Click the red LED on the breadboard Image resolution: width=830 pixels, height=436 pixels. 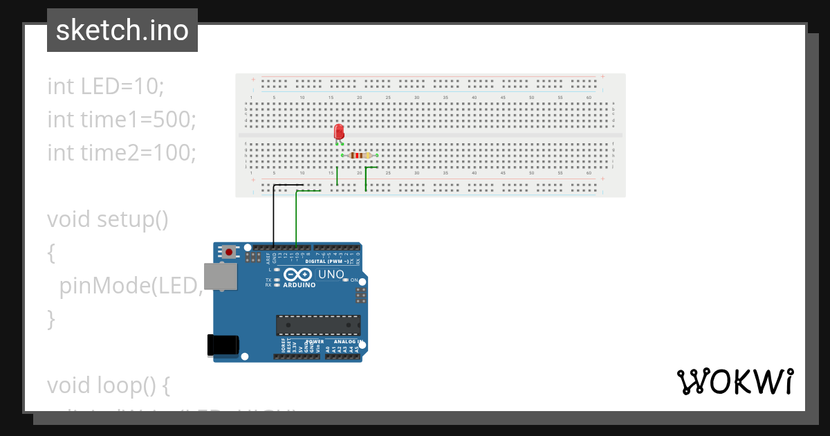click(339, 131)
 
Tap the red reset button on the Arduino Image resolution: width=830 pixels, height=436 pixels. click(229, 252)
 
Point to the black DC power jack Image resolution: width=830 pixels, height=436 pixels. click(223, 345)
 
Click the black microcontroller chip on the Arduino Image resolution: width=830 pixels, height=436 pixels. click(318, 325)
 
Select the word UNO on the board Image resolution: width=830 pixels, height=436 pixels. click(331, 274)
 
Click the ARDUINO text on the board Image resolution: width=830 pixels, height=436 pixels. click(299, 284)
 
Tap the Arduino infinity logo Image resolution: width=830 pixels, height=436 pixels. click(299, 274)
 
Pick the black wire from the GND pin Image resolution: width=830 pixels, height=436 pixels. click(274, 215)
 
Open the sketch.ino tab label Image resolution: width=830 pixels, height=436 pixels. click(122, 30)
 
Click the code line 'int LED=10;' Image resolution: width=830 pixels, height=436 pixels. click(106, 87)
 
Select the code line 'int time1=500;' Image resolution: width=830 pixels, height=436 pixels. click(122, 119)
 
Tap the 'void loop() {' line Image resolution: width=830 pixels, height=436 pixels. click(108, 384)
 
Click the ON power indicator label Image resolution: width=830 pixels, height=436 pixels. click(354, 280)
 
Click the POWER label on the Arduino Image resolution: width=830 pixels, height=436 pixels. click(315, 341)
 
